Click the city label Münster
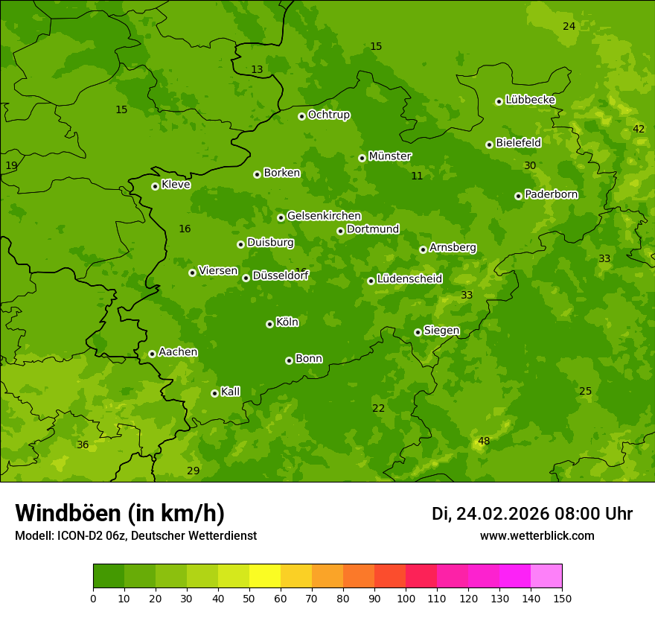pos(389,156)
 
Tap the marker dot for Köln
pos(269,324)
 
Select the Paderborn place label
pos(551,194)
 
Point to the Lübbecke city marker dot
pos(499,101)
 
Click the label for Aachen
pos(178,352)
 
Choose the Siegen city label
pos(441,331)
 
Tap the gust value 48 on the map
pos(484,441)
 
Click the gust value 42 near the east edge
pos(639,129)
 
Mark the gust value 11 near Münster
pos(417,176)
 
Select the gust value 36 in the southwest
pos(83,445)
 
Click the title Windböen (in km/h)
pos(120,513)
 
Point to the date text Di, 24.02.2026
pos(491,514)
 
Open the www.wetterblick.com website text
pos(537,536)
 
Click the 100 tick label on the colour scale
pos(406,598)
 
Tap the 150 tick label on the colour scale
pos(562,598)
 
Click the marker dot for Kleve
pos(155,186)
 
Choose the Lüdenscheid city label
pos(409,279)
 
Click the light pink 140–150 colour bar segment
pos(546,576)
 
